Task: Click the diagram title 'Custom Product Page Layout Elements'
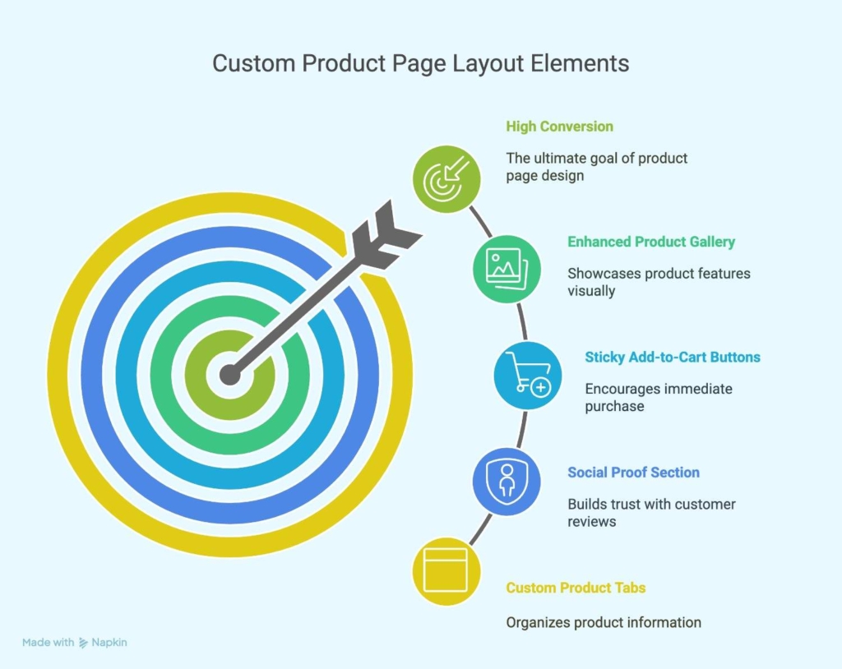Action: click(420, 63)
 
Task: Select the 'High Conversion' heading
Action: click(559, 127)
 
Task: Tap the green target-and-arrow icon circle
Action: click(446, 179)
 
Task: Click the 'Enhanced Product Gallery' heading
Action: click(651, 242)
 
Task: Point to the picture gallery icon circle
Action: click(507, 269)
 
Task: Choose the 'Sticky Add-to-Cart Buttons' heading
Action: click(673, 357)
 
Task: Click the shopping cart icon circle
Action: click(528, 376)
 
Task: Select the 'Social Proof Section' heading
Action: click(634, 473)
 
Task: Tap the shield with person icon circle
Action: click(507, 482)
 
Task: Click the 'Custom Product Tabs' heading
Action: click(576, 588)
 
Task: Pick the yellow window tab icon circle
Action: click(446, 571)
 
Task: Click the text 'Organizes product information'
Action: click(604, 623)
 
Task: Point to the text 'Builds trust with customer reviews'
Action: click(651, 513)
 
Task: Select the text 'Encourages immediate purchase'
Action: click(659, 397)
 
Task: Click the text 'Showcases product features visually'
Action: click(659, 282)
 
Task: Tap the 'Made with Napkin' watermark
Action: click(75, 643)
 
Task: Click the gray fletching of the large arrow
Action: click(386, 235)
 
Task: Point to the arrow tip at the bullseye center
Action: click(230, 374)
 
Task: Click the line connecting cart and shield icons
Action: click(521, 429)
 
